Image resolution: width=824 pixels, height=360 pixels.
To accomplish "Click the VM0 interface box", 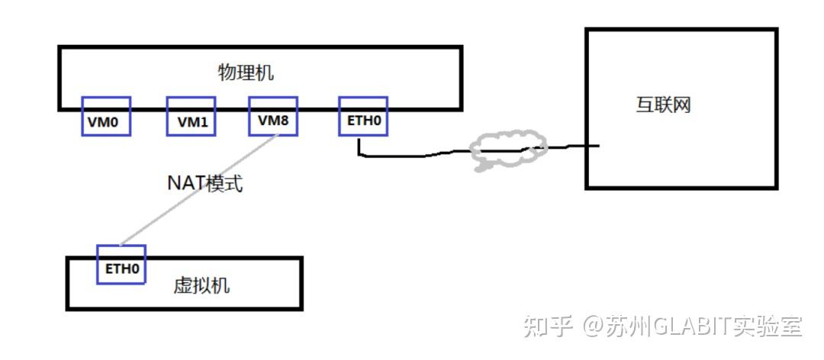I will coord(106,116).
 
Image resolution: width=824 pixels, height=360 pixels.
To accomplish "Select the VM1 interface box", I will coord(191,117).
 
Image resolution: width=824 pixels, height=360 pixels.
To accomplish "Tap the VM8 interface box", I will coord(273,116).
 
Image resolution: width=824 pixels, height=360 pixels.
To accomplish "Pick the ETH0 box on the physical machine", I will coord(362,116).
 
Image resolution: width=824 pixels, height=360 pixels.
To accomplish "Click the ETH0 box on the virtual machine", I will coord(121,264).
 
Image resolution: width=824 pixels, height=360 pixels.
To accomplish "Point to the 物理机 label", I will coord(246,73).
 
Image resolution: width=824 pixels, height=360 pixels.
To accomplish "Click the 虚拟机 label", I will coord(202,286).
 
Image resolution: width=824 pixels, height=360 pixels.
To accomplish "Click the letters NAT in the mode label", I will coord(184,184).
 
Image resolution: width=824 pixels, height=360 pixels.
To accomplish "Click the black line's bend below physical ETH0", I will coord(360,156).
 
